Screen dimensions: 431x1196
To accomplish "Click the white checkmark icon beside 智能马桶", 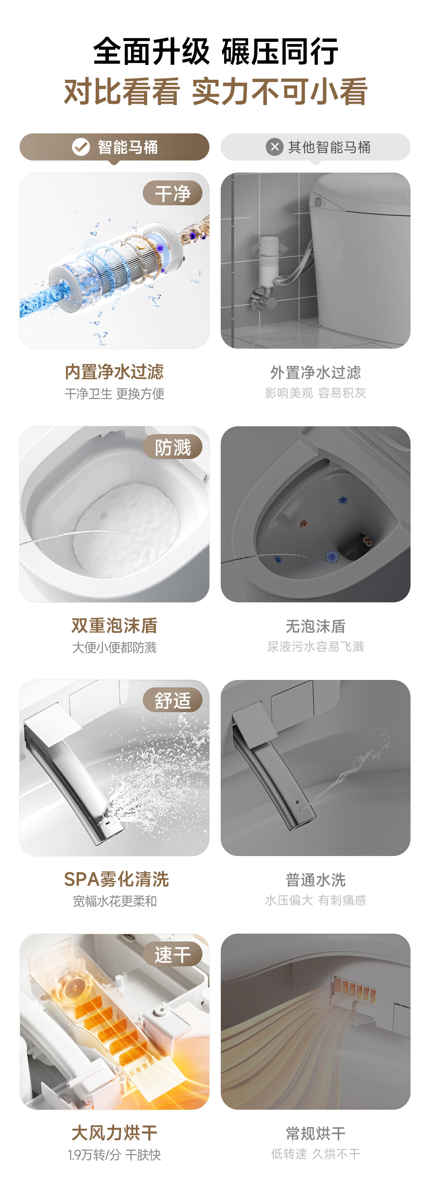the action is pos(81,147).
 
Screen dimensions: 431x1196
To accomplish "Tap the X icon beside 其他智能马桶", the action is pos(275,147).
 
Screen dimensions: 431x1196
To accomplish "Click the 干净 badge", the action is pos(172,193).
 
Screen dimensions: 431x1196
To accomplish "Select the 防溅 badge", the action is pos(172,447).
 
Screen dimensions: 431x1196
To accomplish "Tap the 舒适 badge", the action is pos(172,700).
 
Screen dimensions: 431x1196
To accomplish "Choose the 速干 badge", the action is pos(172,955).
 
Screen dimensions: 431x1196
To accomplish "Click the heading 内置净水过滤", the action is pos(114,372).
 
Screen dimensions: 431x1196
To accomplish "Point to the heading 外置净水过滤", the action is pos(316,372).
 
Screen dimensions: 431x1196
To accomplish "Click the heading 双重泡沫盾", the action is pos(114,625).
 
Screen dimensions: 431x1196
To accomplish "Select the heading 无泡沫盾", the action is pos(316,626).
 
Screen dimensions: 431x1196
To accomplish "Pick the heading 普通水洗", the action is pos(316,880).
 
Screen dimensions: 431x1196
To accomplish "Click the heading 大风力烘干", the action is pos(114,1133).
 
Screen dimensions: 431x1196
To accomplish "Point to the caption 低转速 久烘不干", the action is pos(316,1154).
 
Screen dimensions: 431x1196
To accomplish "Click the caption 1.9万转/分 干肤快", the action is pos(114,1155).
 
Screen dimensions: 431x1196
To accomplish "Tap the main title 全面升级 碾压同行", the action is pos(215,51).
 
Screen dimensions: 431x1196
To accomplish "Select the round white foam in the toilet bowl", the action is pos(127,531).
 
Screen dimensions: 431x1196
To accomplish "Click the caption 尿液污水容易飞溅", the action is pos(316,646).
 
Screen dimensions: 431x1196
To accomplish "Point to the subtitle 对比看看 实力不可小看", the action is pos(215,92).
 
